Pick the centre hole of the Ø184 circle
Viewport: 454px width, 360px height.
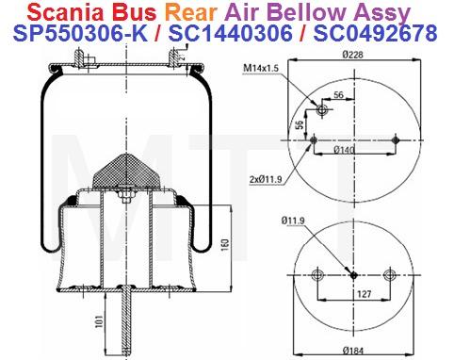352,275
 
